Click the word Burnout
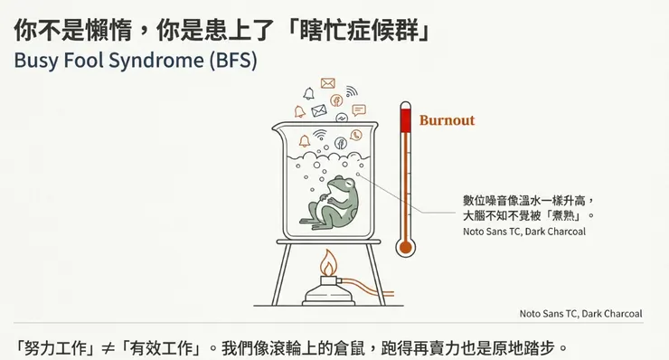(447, 120)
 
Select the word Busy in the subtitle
(33, 62)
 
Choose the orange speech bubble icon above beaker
(359, 109)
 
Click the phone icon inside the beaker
(356, 135)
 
